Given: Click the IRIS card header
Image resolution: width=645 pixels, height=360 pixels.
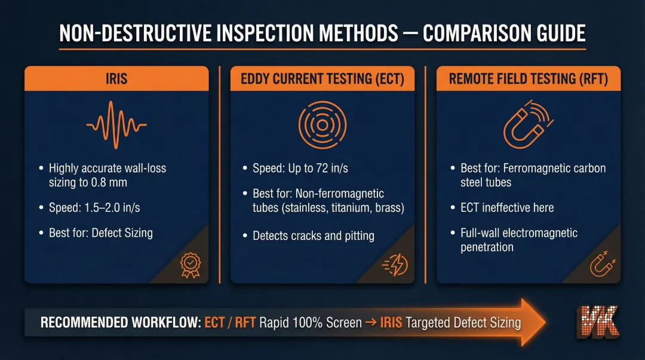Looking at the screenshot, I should [x=116, y=79].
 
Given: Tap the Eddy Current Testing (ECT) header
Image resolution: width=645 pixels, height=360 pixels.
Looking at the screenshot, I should [x=322, y=79].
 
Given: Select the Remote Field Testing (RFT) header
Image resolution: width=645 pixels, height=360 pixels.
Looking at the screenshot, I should [x=528, y=79].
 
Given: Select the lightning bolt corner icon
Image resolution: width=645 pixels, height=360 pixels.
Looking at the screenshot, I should [x=396, y=264].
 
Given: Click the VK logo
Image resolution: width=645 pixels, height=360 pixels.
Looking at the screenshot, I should [x=598, y=322].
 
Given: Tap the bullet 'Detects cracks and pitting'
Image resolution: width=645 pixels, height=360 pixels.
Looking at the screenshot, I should [x=314, y=236].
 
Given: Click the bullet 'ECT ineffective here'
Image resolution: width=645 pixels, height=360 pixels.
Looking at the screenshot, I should [x=507, y=208].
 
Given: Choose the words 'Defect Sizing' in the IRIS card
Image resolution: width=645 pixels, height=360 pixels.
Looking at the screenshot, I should [x=122, y=233].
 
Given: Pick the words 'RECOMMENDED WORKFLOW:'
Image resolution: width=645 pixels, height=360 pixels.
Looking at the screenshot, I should [x=119, y=323].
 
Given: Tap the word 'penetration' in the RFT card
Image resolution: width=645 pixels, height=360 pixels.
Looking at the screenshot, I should [x=487, y=247].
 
